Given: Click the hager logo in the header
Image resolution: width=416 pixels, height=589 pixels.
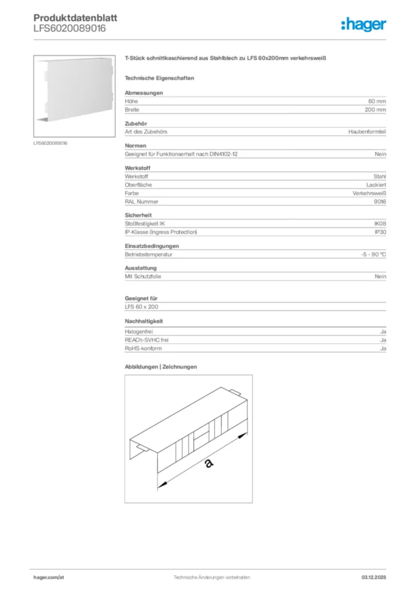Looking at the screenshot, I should pyautogui.click(x=363, y=24).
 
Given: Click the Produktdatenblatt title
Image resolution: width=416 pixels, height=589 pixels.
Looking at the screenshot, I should pyautogui.click(x=75, y=18).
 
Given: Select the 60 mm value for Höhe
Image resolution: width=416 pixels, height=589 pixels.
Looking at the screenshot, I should pyautogui.click(x=377, y=101).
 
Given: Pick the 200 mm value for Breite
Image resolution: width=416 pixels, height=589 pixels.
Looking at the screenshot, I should pyautogui.click(x=375, y=109).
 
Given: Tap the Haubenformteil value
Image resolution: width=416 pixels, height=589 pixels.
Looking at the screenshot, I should pyautogui.click(x=367, y=132).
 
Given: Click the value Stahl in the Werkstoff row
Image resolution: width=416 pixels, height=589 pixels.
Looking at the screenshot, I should pyautogui.click(x=380, y=176).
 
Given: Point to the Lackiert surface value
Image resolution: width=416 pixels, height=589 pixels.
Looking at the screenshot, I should pyautogui.click(x=376, y=185).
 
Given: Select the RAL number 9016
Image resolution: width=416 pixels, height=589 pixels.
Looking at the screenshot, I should pyautogui.click(x=380, y=201).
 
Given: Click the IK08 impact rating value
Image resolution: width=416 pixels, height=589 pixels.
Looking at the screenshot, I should pyautogui.click(x=380, y=223).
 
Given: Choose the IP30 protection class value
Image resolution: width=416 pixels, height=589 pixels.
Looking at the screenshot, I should pyautogui.click(x=380, y=232).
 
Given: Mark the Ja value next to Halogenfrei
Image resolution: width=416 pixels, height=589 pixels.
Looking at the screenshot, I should pyautogui.click(x=383, y=332).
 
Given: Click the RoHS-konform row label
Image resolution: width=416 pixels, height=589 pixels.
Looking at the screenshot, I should pyautogui.click(x=143, y=349).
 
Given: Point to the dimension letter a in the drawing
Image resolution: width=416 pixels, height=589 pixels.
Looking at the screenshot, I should pyautogui.click(x=207, y=463).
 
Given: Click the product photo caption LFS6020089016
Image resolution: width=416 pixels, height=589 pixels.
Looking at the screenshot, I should pyautogui.click(x=51, y=143).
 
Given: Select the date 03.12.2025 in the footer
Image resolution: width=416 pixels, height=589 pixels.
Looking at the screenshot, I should pyautogui.click(x=373, y=577).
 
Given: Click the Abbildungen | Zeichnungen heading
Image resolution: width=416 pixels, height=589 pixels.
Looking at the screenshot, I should pyautogui.click(x=161, y=366).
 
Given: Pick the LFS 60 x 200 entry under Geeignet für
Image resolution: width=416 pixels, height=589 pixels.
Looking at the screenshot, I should pyautogui.click(x=141, y=307).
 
